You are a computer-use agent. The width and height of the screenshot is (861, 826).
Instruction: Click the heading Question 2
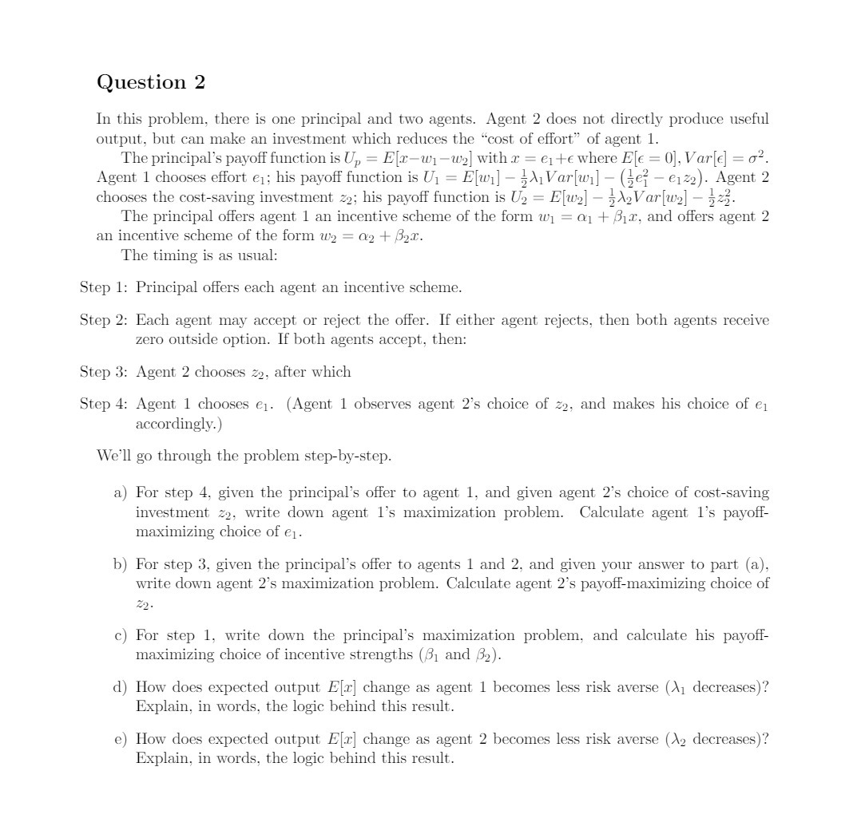click(151, 82)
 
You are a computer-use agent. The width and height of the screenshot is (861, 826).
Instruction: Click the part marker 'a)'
click(120, 492)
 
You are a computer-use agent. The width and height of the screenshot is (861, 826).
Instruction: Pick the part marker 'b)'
click(120, 564)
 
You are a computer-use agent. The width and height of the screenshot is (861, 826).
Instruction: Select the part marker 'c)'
click(120, 636)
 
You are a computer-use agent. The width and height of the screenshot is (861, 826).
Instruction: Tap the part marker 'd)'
click(120, 688)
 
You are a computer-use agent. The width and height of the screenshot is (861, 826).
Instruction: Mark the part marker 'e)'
click(120, 740)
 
